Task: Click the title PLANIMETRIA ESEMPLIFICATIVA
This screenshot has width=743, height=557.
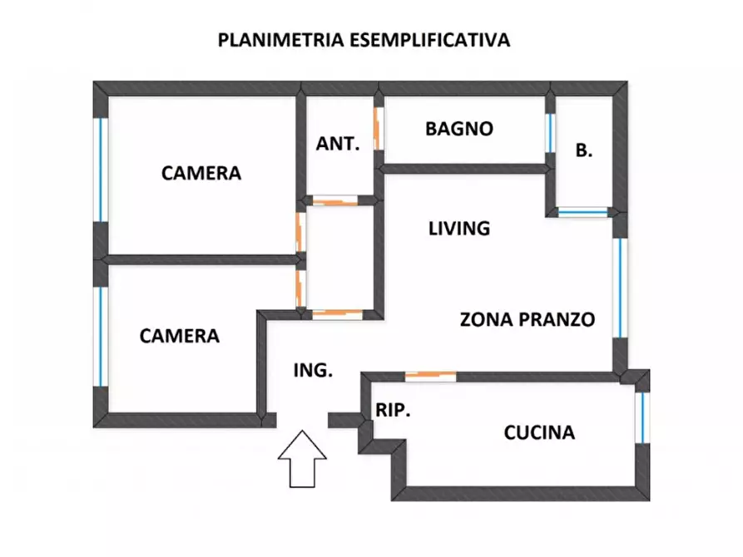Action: [364, 39]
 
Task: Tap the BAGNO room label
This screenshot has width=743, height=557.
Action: [459, 129]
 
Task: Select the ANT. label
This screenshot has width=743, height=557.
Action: [338, 143]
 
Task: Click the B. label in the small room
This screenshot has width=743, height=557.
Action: [584, 150]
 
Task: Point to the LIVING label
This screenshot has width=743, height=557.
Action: [458, 228]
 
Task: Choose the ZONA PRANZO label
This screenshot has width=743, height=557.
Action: [528, 319]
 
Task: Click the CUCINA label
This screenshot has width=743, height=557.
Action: [539, 432]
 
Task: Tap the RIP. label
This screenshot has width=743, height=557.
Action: [393, 411]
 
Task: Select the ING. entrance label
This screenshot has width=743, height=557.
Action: [314, 371]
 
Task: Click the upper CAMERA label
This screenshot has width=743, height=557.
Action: [201, 173]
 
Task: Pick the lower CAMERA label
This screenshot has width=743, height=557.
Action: [180, 336]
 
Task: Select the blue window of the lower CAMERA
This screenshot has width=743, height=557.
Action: [101, 336]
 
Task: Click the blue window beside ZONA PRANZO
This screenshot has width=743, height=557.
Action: [620, 288]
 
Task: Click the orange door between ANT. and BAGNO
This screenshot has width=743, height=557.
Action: [378, 129]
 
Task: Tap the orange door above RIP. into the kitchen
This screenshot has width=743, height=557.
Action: [430, 376]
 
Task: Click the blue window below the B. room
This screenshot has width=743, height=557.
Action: [582, 213]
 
